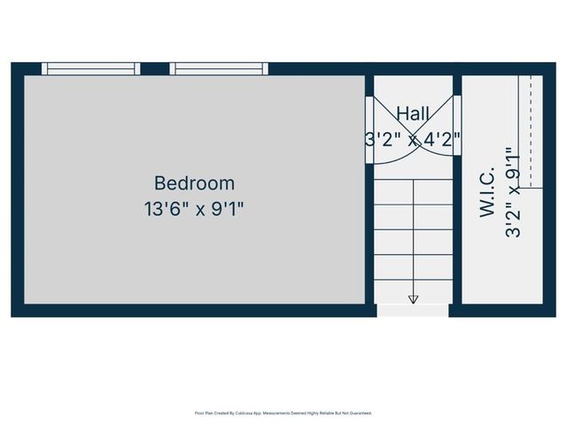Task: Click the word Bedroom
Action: (194, 183)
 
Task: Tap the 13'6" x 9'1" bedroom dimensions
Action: (194, 210)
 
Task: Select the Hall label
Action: (413, 113)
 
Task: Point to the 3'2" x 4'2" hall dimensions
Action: (414, 139)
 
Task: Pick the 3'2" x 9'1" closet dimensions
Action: (511, 192)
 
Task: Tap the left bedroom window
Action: (91, 68)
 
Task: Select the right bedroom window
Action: (219, 68)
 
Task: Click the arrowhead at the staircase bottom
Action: (413, 299)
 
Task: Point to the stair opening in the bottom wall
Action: (413, 311)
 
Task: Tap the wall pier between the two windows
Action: (155, 68)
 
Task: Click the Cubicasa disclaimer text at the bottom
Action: (283, 413)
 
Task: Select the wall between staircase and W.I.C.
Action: (457, 239)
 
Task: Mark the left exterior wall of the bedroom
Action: (17, 190)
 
